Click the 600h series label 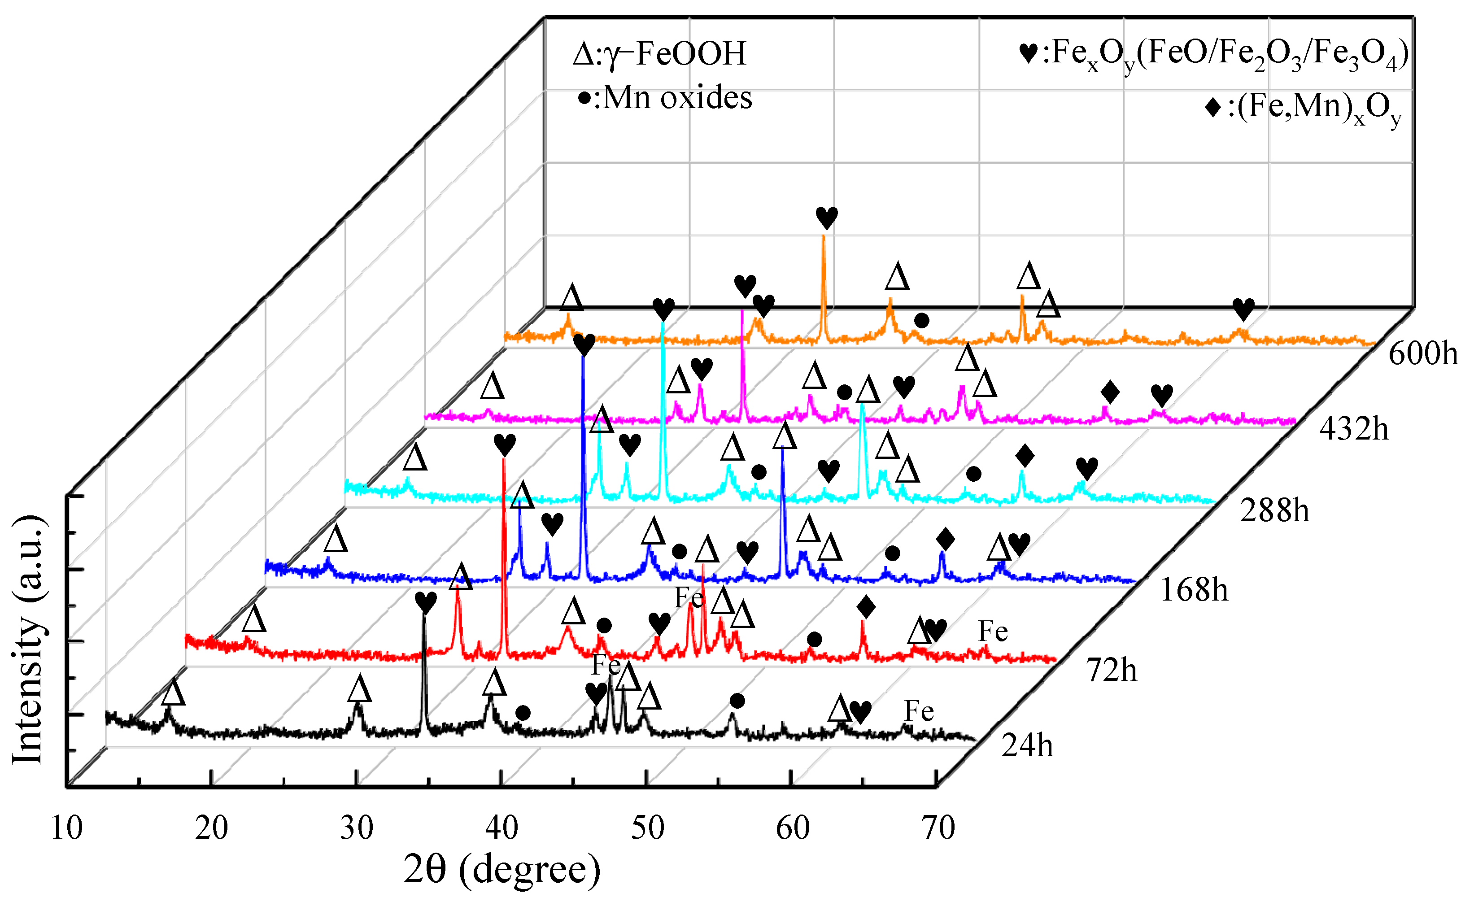1422,353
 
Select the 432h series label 1354,429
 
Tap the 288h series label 1274,511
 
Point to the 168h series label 1194,590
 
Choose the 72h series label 1112,670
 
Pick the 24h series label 1027,746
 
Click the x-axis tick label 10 66,829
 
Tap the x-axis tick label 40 502,829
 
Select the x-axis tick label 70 938,829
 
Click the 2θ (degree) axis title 502,870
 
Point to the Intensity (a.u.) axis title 28,640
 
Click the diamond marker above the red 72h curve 866,607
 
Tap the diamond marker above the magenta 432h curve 1110,392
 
